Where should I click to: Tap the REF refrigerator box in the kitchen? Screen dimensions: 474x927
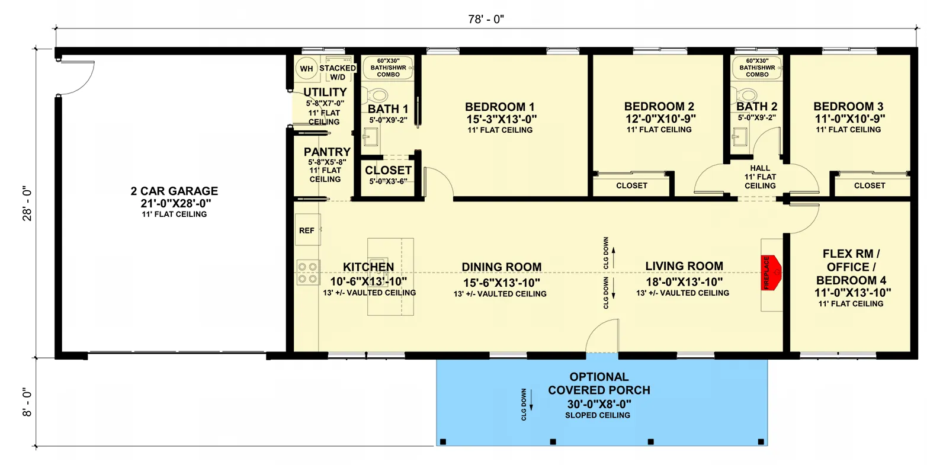(x=307, y=230)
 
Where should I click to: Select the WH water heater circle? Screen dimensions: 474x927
(x=306, y=69)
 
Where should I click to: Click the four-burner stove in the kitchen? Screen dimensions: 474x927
(x=307, y=273)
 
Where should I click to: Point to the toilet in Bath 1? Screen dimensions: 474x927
(x=376, y=95)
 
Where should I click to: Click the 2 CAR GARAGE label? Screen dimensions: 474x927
(x=174, y=191)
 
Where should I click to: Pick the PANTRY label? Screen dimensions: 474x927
(x=327, y=152)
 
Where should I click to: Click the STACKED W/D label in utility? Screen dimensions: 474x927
(x=337, y=72)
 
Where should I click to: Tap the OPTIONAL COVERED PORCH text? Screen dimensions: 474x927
(x=599, y=383)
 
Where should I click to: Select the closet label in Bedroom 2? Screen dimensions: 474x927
(x=631, y=185)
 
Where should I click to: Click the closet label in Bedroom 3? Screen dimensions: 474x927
(x=869, y=185)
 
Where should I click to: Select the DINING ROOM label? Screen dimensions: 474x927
(x=501, y=267)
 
